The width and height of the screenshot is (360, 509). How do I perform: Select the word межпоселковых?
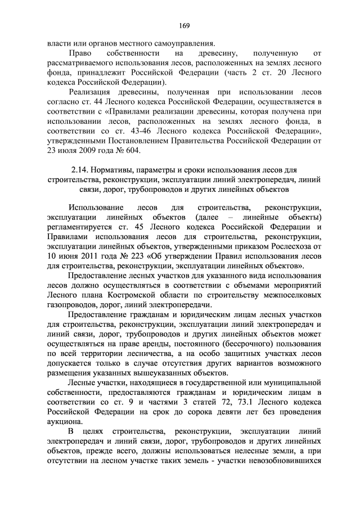(292, 294)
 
